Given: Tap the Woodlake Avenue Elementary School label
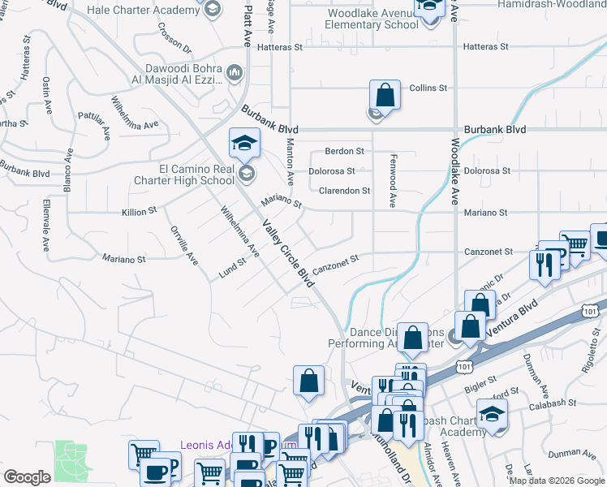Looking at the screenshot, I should [x=372, y=19].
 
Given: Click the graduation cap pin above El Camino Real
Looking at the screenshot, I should [x=244, y=145].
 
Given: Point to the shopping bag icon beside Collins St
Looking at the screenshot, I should [x=385, y=97].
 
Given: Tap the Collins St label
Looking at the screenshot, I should [x=428, y=88].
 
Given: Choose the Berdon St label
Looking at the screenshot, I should [x=344, y=151].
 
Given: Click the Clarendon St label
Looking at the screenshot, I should [x=344, y=191].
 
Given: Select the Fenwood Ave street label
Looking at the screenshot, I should [x=393, y=181].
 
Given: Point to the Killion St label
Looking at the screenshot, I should [x=139, y=211].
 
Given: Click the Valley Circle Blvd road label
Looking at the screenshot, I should [x=287, y=253].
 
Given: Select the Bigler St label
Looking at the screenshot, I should [x=481, y=381].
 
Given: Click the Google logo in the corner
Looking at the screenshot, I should [x=27, y=477].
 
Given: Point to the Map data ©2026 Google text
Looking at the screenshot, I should [x=556, y=481].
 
